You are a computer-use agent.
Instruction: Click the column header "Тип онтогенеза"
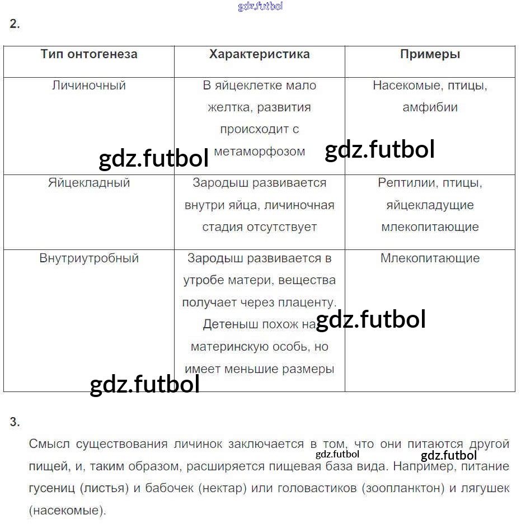(89, 54)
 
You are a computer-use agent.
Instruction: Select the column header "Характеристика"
(259, 54)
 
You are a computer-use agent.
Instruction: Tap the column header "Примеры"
(430, 54)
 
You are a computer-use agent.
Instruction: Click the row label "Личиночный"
(89, 86)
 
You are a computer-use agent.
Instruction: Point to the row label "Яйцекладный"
(89, 183)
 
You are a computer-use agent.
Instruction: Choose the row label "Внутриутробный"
(89, 258)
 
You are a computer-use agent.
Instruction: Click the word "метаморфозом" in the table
(260, 151)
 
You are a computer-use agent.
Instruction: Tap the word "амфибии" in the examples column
(430, 107)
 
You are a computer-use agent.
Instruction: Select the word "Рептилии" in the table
(404, 183)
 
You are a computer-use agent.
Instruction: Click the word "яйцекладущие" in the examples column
(430, 205)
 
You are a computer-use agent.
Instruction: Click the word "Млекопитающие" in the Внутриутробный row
(430, 258)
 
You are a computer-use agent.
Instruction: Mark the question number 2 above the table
(15, 24)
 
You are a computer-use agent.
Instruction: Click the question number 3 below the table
(15, 423)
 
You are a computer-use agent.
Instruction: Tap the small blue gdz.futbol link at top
(260, 6)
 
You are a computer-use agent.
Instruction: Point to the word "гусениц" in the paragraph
(51, 488)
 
